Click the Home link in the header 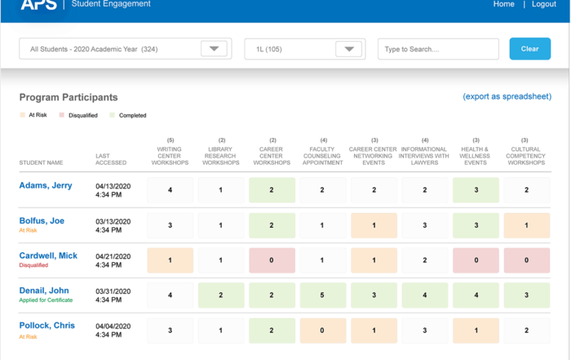point(503,4)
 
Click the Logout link point(543,4)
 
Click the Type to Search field point(438,49)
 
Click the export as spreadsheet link point(507,96)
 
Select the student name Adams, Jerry point(46,185)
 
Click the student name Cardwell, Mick point(48,256)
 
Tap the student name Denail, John point(44,291)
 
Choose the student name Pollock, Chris point(47,326)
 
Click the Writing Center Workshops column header point(170,156)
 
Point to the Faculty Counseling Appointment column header point(323,156)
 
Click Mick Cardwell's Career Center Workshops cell point(272,260)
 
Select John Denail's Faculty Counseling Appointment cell point(323,296)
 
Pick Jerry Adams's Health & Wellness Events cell point(476,190)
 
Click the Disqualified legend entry point(82,115)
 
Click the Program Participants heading point(69,97)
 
